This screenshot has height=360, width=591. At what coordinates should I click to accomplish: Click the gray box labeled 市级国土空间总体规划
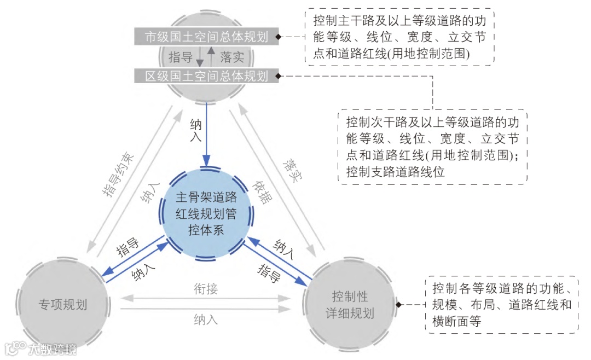pyautogui.click(x=206, y=37)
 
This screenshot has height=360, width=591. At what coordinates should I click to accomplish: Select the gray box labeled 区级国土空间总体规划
pyautogui.click(x=206, y=76)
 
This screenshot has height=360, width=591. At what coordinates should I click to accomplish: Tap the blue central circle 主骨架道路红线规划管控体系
pyautogui.click(x=207, y=213)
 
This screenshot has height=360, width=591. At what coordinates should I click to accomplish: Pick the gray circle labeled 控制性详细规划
pyautogui.click(x=350, y=304)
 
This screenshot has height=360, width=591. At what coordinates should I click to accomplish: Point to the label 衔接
pyautogui.click(x=206, y=288)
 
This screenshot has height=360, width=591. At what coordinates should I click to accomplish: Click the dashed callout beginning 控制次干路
pyautogui.click(x=432, y=147)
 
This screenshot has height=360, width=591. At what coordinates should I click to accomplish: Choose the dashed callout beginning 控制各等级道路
pyautogui.click(x=502, y=305)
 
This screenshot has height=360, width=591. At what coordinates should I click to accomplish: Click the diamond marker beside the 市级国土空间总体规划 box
pyautogui.click(x=279, y=37)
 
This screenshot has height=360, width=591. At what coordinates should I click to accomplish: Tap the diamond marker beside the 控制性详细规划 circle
pyautogui.click(x=399, y=304)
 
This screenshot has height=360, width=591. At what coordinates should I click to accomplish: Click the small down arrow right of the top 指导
pyautogui.click(x=200, y=57)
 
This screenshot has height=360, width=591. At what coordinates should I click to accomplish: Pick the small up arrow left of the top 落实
pyautogui.click(x=211, y=56)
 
